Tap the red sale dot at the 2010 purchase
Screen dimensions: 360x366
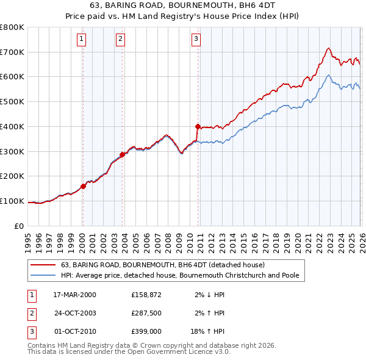tap(198, 127)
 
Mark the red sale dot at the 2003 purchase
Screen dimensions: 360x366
tap(123, 154)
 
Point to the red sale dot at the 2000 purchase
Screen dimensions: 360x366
tap(84, 186)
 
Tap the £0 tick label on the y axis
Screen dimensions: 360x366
tap(19, 226)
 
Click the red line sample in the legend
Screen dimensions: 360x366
tap(43, 265)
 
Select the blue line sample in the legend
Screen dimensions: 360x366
tap(43, 276)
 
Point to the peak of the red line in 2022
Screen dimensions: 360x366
tap(328, 48)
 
